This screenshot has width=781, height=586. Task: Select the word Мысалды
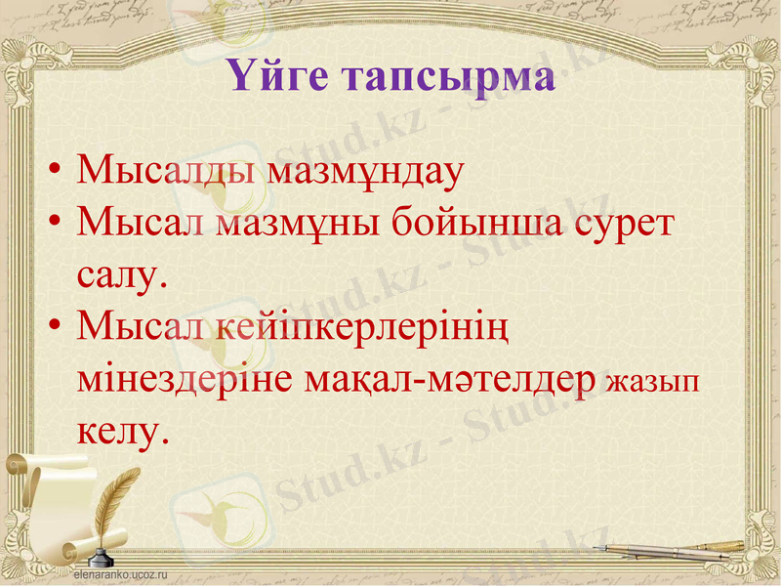tap(165, 171)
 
